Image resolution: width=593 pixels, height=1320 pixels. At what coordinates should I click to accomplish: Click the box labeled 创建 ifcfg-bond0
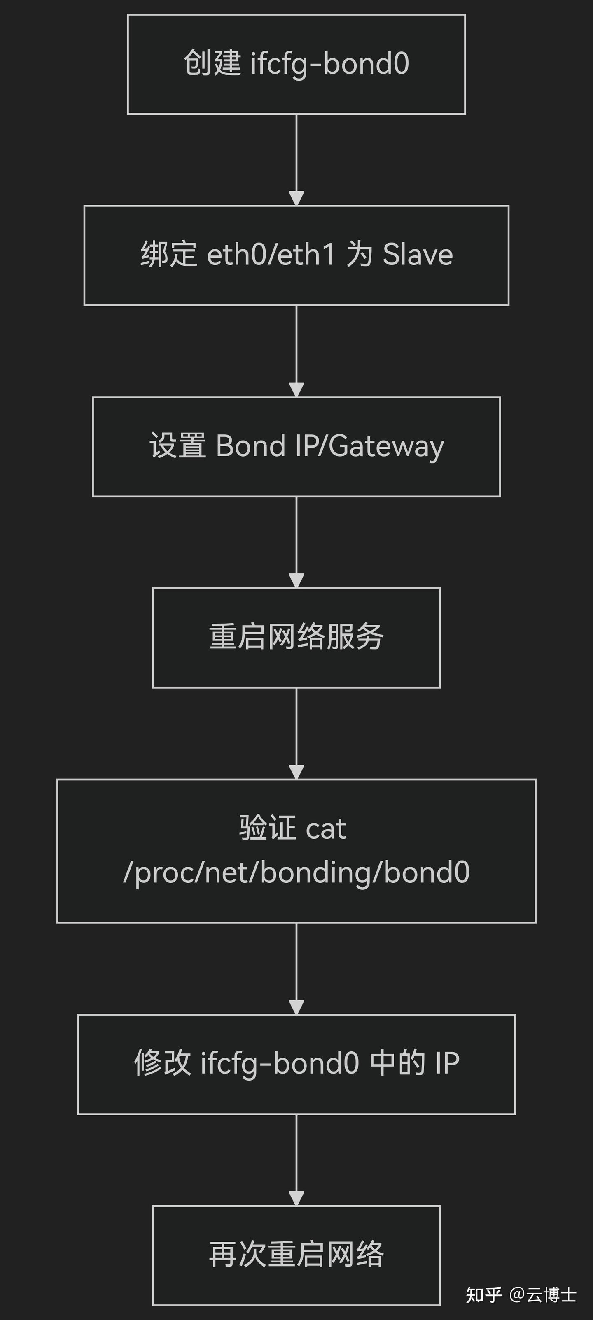(x=296, y=64)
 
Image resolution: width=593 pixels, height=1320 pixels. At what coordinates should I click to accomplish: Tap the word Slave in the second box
(x=418, y=255)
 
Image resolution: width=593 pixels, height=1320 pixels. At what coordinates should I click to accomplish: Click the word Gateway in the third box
(x=386, y=446)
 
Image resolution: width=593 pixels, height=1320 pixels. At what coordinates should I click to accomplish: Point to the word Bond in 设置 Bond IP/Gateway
(x=250, y=446)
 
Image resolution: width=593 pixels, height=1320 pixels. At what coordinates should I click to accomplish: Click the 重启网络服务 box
(x=296, y=638)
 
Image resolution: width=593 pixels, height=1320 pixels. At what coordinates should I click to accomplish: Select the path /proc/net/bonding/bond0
(x=296, y=872)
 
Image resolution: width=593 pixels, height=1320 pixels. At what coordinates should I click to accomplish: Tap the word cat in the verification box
(x=326, y=828)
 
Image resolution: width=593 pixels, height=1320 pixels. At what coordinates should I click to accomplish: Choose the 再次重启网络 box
(x=296, y=1255)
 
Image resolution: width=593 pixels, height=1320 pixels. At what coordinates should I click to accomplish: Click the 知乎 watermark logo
(x=483, y=1295)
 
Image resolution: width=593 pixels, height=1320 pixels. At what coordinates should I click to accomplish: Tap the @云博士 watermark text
(x=543, y=1295)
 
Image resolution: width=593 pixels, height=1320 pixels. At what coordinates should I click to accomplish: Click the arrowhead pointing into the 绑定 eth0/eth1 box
(x=296, y=198)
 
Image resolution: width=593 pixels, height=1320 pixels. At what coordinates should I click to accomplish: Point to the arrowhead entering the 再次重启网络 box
(x=296, y=1198)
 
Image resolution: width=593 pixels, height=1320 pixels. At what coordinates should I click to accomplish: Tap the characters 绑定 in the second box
(x=168, y=255)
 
